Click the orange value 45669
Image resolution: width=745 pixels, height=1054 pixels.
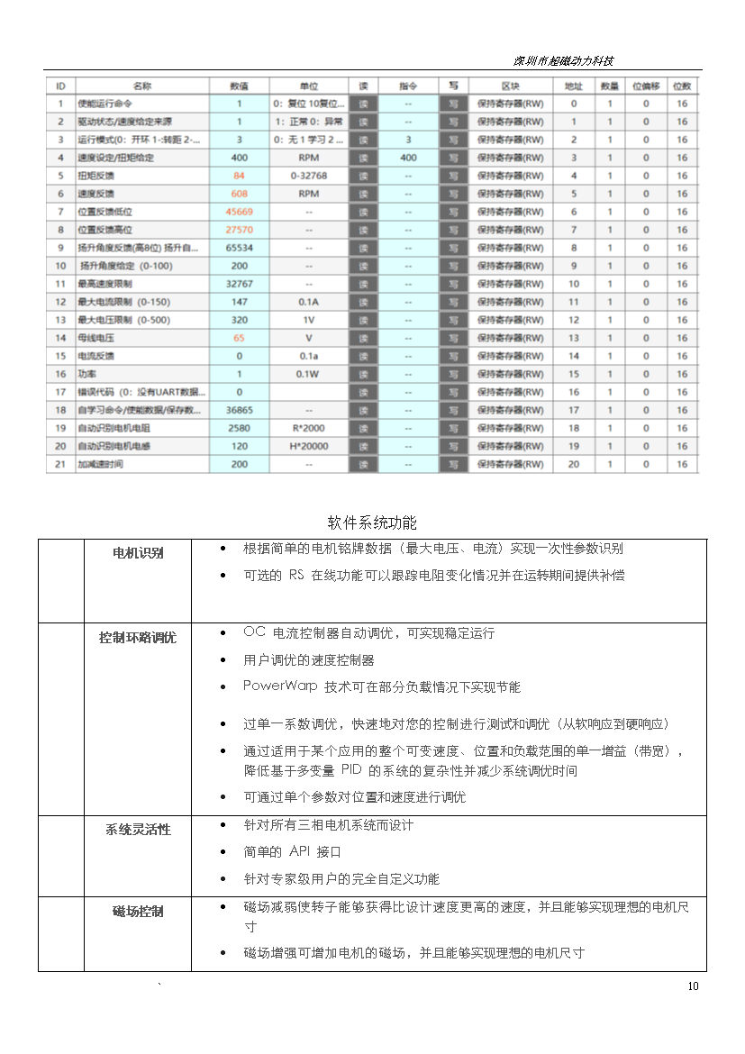point(239,212)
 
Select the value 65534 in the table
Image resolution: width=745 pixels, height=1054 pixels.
point(239,248)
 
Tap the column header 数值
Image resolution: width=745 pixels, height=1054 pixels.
point(239,86)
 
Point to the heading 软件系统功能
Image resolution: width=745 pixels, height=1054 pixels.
point(372,523)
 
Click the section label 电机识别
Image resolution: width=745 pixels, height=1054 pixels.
point(138,552)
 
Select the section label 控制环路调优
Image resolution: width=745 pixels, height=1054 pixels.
point(138,638)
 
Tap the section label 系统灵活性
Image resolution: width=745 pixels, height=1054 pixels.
point(138,830)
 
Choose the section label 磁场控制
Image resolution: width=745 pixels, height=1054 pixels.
point(138,912)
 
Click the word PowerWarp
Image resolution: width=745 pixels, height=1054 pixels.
point(280,686)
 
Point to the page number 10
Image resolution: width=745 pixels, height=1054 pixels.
point(693,986)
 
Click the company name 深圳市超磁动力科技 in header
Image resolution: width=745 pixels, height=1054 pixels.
point(563,61)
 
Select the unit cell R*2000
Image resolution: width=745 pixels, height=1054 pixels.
point(308,428)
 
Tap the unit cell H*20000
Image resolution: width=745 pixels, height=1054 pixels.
point(308,446)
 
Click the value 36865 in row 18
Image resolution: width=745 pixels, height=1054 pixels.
point(239,410)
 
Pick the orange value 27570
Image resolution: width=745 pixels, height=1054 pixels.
point(239,230)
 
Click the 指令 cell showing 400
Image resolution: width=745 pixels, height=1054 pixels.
point(407,158)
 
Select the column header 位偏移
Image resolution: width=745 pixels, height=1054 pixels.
point(645,86)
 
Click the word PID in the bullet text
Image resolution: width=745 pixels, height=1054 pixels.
point(351,770)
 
